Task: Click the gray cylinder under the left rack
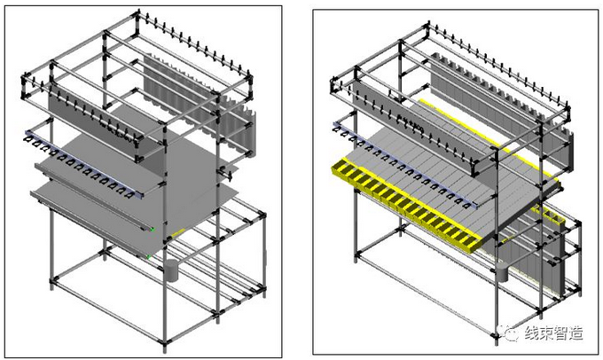171,270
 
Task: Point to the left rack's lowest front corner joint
51,282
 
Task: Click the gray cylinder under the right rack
502,270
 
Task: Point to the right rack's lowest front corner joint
494,335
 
